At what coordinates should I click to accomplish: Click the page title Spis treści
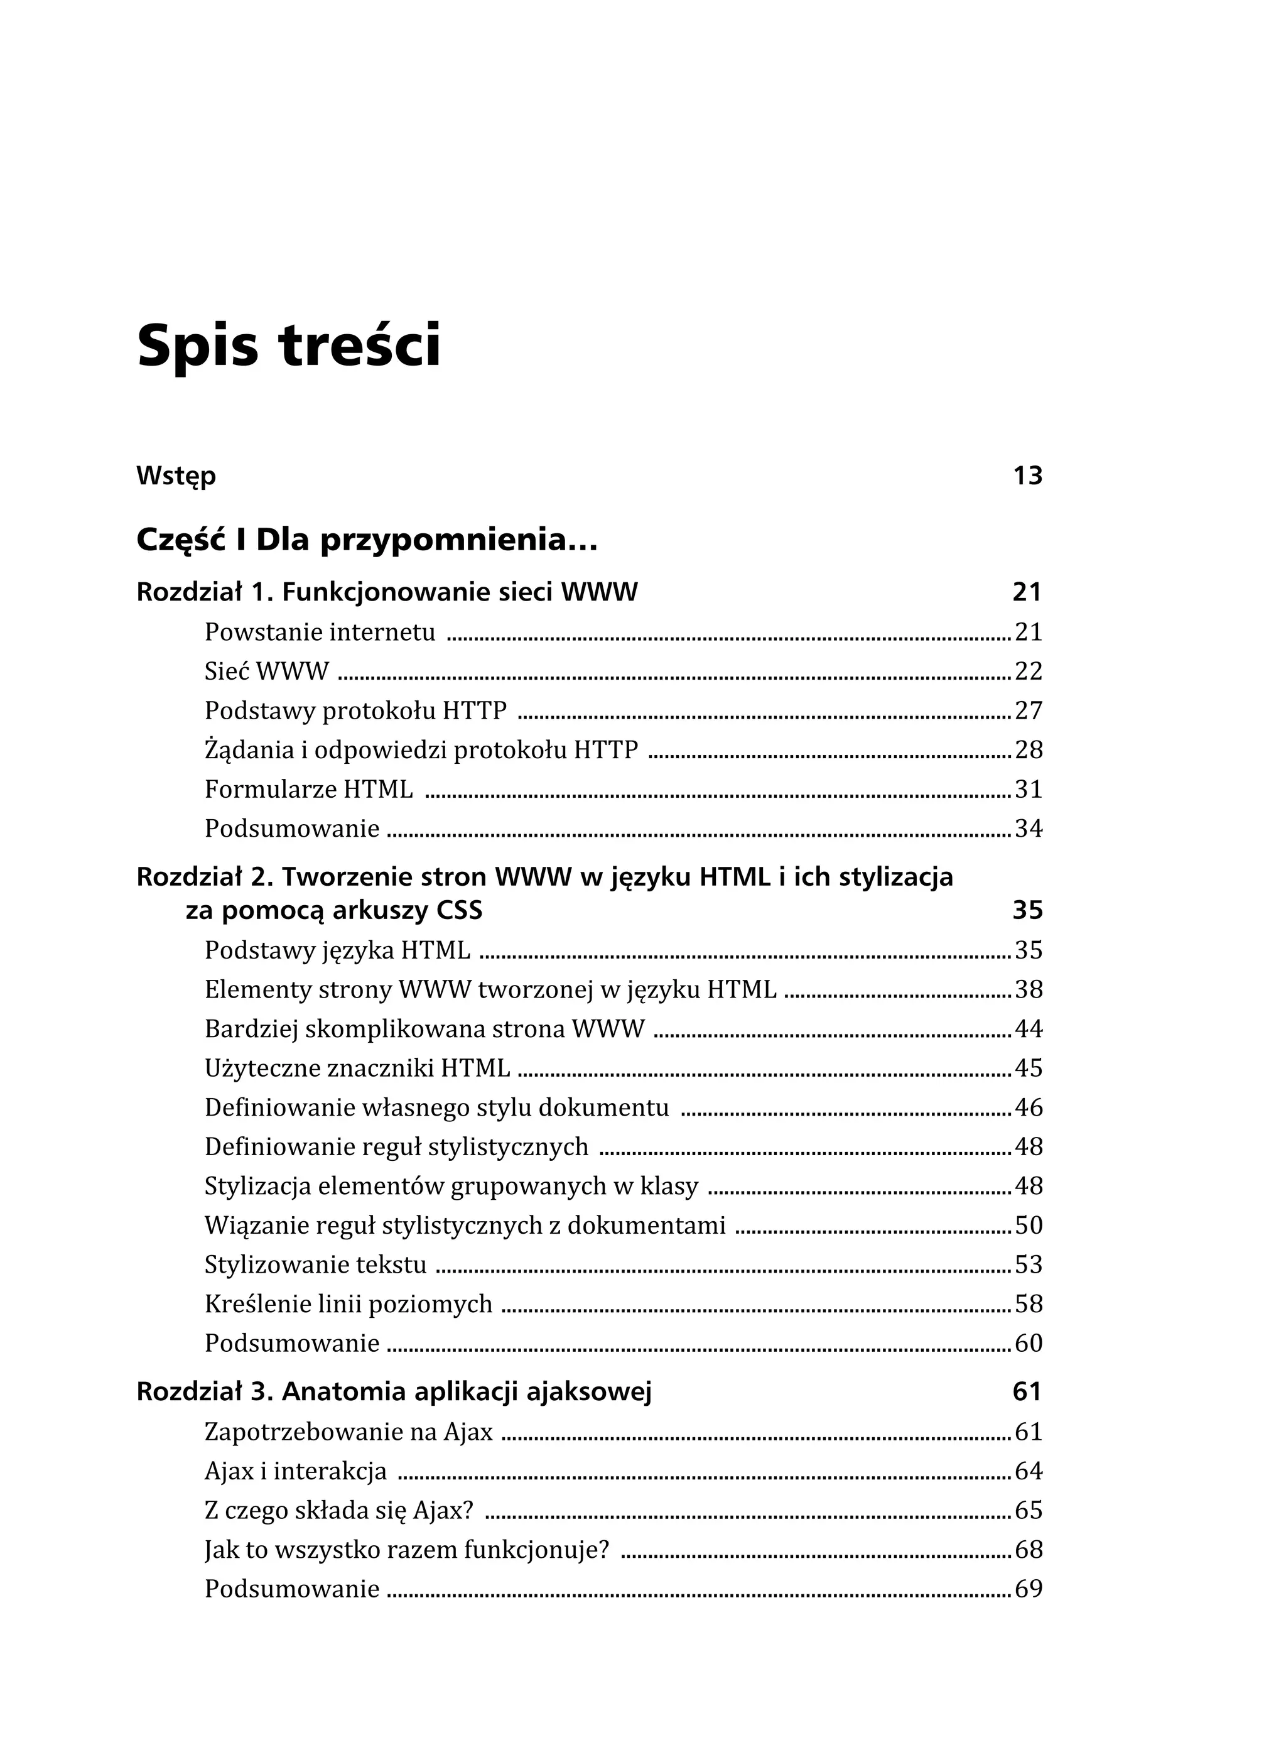point(289,345)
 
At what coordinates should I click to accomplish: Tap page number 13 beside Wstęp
point(1027,476)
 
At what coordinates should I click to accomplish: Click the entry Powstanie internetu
point(320,632)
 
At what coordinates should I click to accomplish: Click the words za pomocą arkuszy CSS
point(334,910)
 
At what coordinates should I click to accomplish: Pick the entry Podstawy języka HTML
point(337,950)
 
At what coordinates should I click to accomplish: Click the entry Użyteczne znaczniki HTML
point(357,1068)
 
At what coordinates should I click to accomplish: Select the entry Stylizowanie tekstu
point(315,1265)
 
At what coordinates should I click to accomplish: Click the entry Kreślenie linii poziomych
point(348,1304)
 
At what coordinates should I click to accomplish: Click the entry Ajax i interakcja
point(295,1471)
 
